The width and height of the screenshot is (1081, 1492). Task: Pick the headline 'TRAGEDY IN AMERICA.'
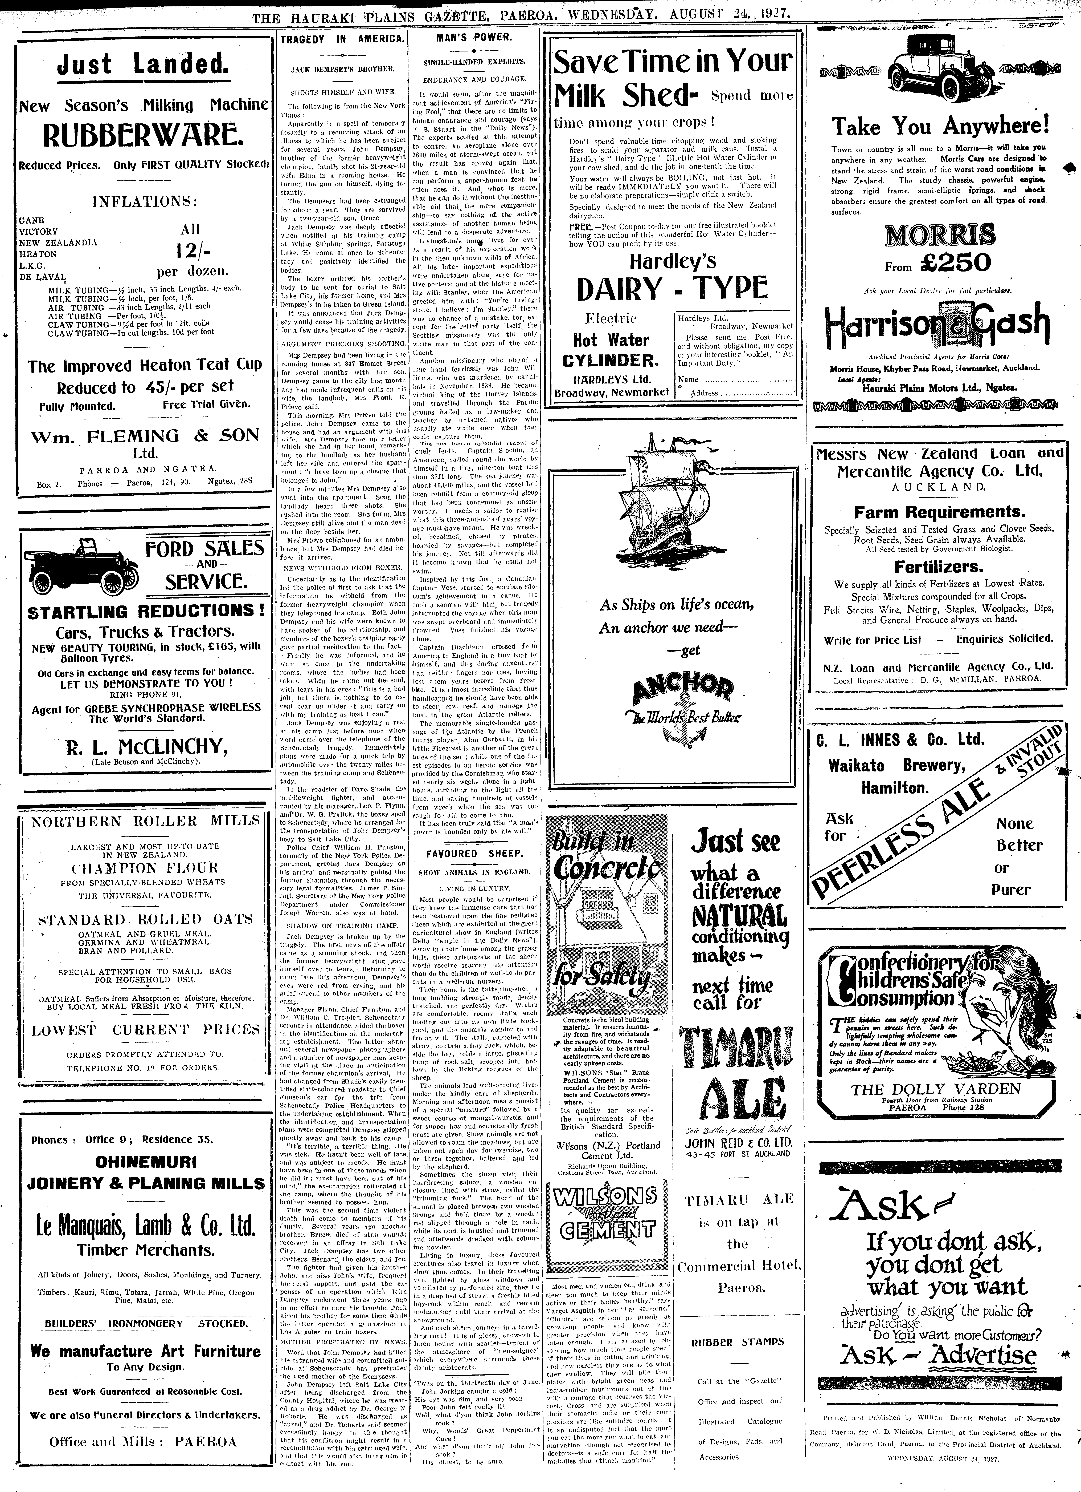pyautogui.click(x=341, y=39)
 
